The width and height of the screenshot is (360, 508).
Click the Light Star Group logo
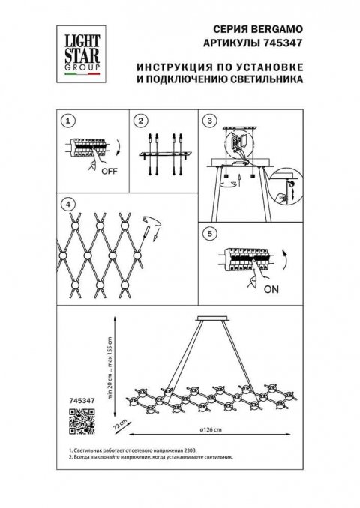82,54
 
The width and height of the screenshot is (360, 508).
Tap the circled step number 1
67,121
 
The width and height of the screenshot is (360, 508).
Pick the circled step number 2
140,121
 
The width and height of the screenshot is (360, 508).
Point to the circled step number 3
209,121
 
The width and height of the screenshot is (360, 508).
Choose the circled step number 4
67,205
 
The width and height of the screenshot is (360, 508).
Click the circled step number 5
209,233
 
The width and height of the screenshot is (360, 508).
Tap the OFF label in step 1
109,172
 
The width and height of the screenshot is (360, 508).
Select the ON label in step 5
271,289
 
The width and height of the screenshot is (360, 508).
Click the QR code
82,421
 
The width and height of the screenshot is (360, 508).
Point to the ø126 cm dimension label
211,429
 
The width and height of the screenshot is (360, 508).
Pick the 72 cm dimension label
121,424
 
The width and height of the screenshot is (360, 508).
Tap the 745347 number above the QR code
82,400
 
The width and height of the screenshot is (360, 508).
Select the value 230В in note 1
190,450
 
